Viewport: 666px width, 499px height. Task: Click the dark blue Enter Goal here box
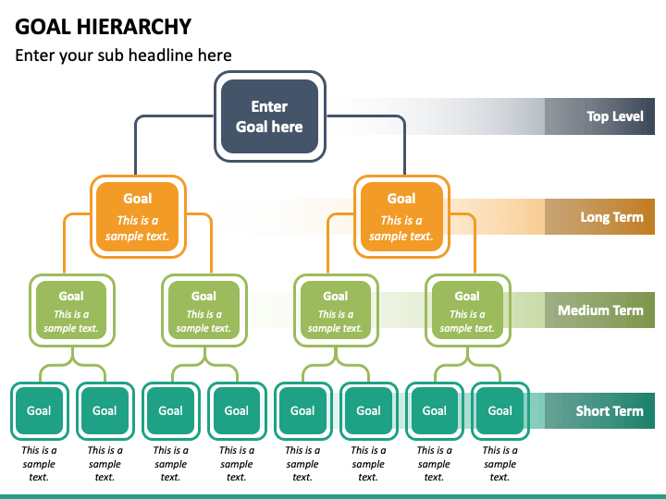click(270, 116)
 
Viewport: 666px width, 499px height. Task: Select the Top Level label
click(614, 116)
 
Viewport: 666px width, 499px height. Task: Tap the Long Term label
click(611, 217)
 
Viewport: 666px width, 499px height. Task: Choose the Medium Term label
click(600, 310)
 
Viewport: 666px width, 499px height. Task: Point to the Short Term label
click(610, 410)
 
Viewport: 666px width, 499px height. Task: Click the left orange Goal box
click(138, 217)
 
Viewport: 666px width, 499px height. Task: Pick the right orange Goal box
click(401, 217)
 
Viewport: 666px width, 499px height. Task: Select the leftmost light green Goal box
click(72, 310)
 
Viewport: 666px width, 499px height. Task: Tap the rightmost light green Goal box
click(468, 310)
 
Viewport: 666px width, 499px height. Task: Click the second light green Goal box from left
click(204, 310)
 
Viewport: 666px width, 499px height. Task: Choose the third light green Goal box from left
click(336, 310)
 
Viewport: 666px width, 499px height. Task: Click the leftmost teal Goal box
click(40, 410)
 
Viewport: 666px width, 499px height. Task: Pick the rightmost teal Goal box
click(500, 410)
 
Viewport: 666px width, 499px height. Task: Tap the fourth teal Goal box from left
click(237, 410)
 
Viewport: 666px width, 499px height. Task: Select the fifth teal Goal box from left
click(302, 410)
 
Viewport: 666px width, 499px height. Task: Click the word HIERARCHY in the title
click(134, 27)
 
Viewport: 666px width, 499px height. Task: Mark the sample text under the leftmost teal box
click(39, 463)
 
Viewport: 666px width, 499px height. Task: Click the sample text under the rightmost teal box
click(499, 463)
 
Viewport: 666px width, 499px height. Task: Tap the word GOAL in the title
click(43, 27)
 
